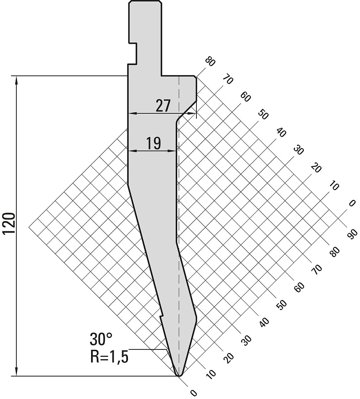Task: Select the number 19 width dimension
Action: point(154,143)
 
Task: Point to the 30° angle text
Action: point(101,339)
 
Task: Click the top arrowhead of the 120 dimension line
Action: point(16,79)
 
